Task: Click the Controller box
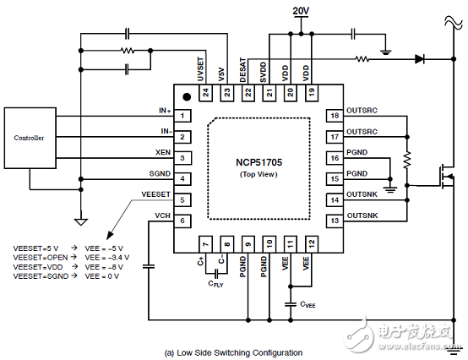pyautogui.click(x=30, y=138)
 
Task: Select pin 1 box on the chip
pyautogui.click(x=182, y=116)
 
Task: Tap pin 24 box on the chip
pyautogui.click(x=206, y=93)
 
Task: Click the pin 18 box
pyautogui.click(x=335, y=116)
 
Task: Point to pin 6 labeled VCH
pyautogui.click(x=182, y=221)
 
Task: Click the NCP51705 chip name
pyautogui.click(x=258, y=162)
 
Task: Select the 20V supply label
pyautogui.click(x=301, y=11)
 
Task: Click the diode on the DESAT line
pyautogui.click(x=420, y=59)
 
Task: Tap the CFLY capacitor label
pyautogui.click(x=215, y=284)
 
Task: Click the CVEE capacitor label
pyautogui.click(x=307, y=304)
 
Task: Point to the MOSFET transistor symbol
pyautogui.click(x=446, y=177)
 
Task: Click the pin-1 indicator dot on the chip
pyautogui.click(x=187, y=96)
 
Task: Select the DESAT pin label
pyautogui.click(x=243, y=70)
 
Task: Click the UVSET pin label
pyautogui.click(x=201, y=69)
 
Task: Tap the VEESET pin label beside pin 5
pyautogui.click(x=155, y=194)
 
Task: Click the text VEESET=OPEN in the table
pyautogui.click(x=41, y=257)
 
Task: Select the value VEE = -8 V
pyautogui.click(x=104, y=267)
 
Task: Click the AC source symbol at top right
pyautogui.click(x=453, y=22)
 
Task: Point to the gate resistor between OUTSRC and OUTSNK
pyautogui.click(x=407, y=160)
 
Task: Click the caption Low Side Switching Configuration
pyautogui.click(x=233, y=353)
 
